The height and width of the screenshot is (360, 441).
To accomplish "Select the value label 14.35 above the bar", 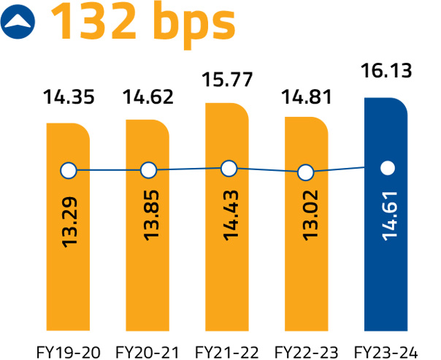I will click(68, 97).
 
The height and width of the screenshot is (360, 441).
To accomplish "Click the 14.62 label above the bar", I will click(147, 97).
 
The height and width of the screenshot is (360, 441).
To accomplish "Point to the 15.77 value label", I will click(228, 77).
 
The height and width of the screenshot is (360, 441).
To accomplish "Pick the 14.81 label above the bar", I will click(307, 97).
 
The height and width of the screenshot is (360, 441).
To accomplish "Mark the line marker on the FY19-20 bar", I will click(68, 171).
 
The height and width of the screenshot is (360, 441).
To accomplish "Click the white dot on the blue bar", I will click(388, 168).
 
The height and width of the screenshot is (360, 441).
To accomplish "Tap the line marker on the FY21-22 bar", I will click(229, 169).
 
